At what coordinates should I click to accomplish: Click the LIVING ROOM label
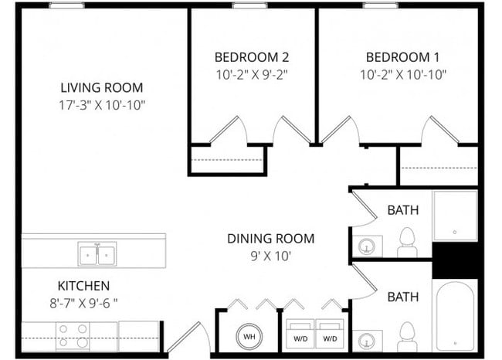pos(102,87)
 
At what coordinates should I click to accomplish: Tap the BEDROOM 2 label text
pos(252,57)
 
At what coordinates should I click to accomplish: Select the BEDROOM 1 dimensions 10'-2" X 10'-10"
pos(402,75)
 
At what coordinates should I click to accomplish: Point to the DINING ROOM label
pos(270,238)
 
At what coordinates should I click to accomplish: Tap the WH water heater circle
pos(249,337)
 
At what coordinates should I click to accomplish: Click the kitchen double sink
pos(97,253)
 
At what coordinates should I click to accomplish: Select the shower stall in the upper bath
pos(456,216)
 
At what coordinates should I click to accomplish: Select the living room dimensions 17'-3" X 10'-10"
pos(102,104)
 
